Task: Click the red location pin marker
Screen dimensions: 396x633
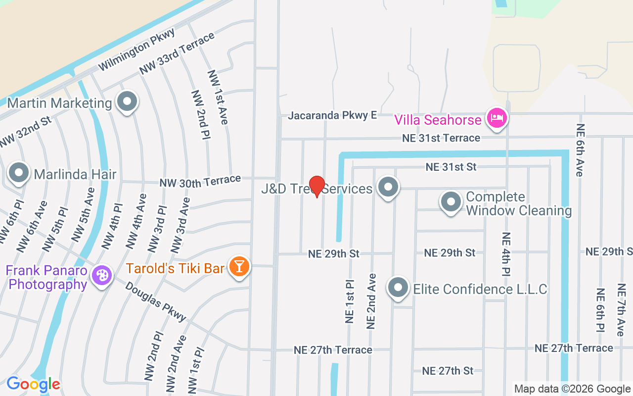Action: [316, 186]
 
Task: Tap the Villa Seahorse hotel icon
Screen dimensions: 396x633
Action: [497, 118]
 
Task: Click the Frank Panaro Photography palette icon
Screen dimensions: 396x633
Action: [102, 275]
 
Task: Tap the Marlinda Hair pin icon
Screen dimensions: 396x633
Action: [19, 173]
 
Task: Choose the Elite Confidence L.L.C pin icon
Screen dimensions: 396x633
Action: [398, 287]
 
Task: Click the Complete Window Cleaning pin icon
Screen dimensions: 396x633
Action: [451, 202]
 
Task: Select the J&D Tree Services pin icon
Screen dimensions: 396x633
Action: [388, 187]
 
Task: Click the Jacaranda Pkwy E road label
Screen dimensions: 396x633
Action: [332, 115]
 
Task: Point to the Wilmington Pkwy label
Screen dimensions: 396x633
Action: [136, 49]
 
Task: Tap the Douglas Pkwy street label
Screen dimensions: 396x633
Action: [155, 301]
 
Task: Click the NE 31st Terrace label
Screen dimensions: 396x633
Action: [441, 138]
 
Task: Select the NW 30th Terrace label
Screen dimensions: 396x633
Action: [200, 181]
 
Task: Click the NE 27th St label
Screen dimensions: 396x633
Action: [448, 370]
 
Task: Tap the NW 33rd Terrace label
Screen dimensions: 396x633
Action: [177, 53]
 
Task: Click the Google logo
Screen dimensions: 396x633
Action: [33, 384]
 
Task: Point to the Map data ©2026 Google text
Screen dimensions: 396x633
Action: [572, 389]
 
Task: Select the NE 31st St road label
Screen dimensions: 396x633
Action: [451, 167]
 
